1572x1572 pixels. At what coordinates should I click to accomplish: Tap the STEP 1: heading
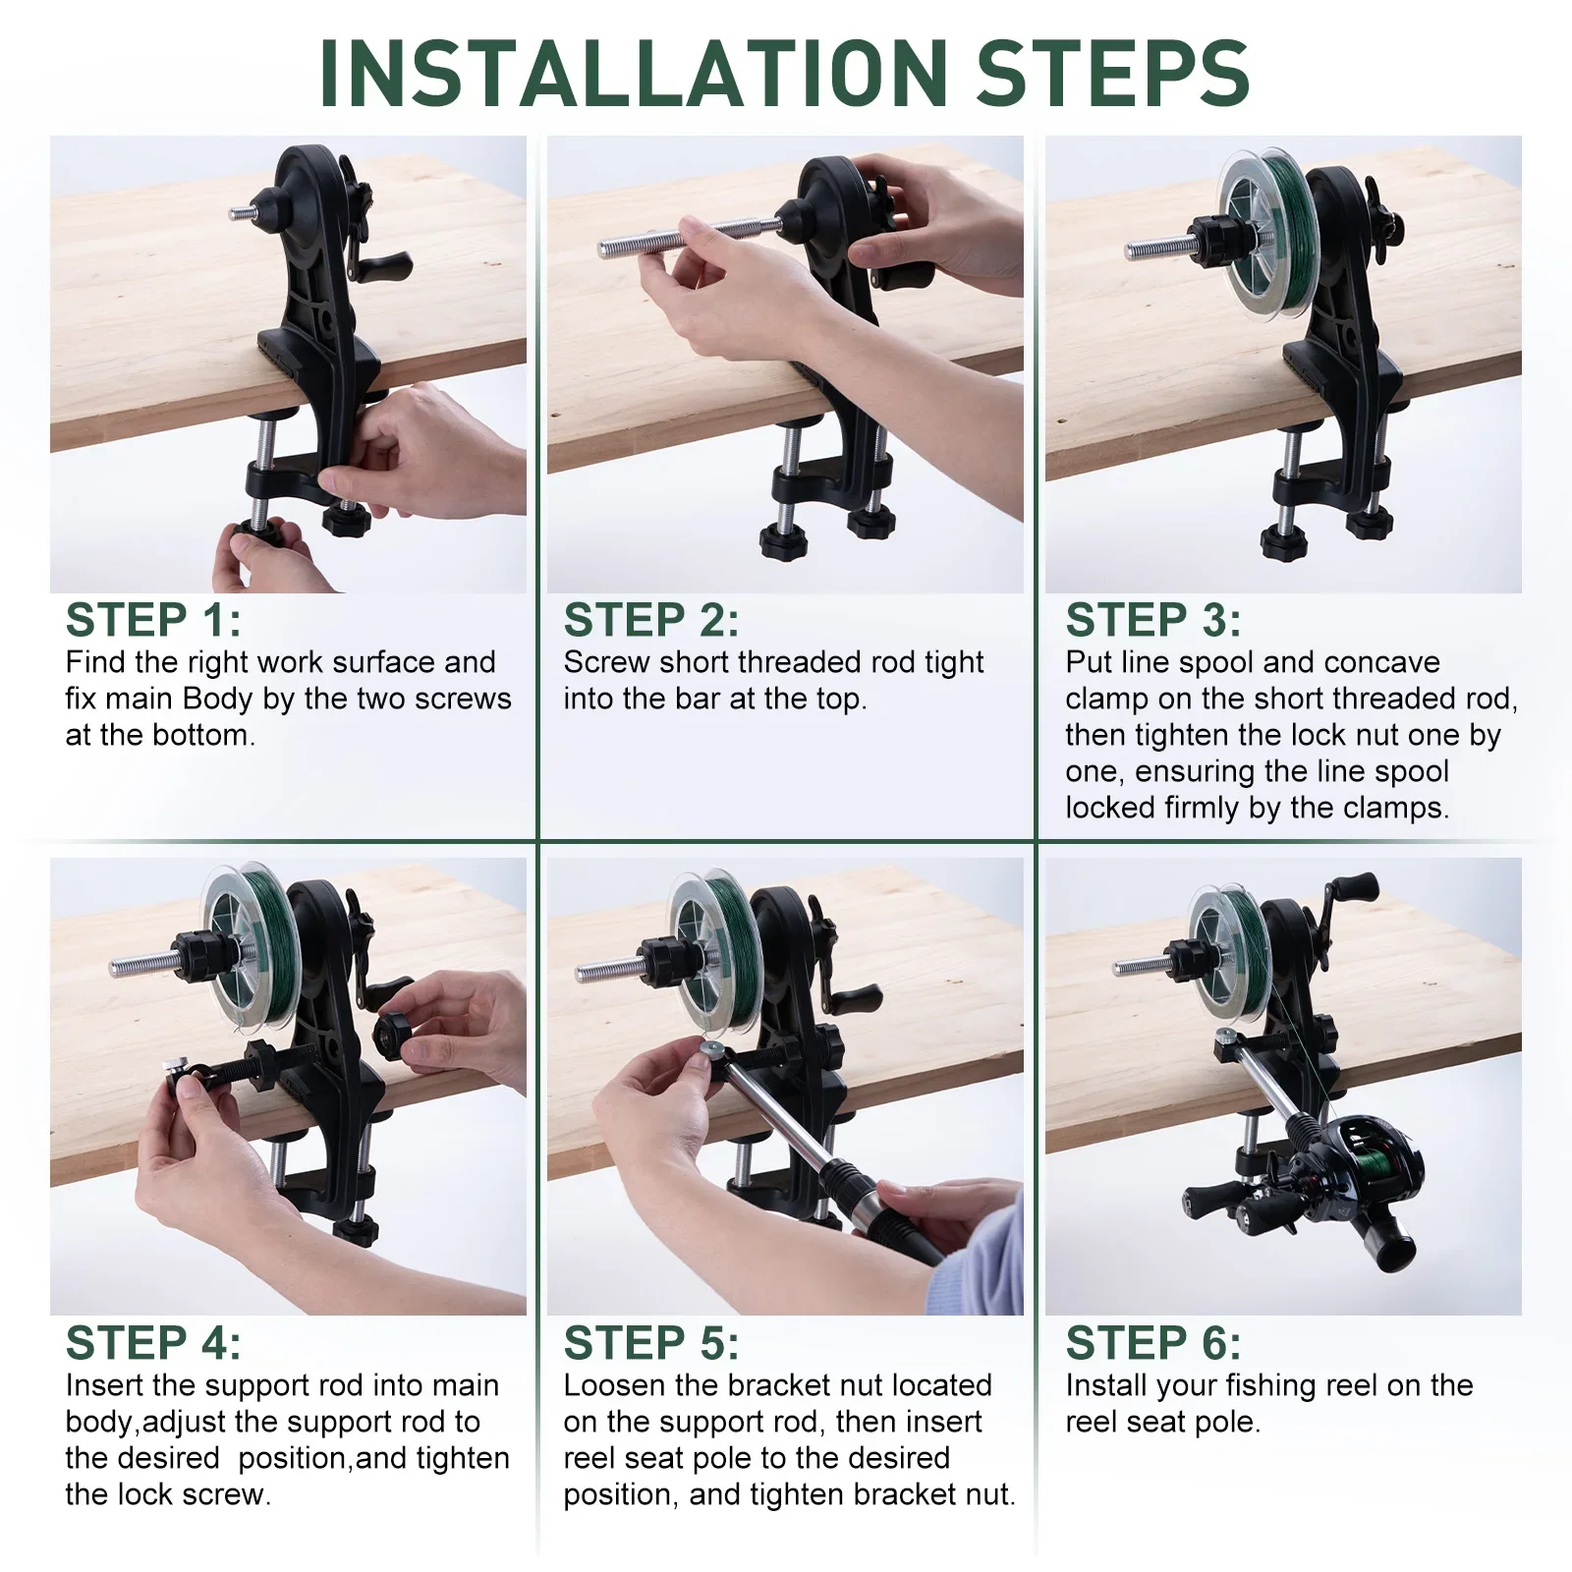[x=153, y=620]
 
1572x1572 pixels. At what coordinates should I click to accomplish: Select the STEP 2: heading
[x=651, y=620]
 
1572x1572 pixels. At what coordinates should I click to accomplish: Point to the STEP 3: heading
[x=1153, y=620]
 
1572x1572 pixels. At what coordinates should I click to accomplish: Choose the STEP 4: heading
[x=153, y=1343]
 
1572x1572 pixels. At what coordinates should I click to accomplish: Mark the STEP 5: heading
[x=651, y=1343]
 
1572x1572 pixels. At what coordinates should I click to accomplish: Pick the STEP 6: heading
[x=1153, y=1343]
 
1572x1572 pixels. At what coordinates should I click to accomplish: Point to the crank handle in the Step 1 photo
[x=378, y=265]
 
